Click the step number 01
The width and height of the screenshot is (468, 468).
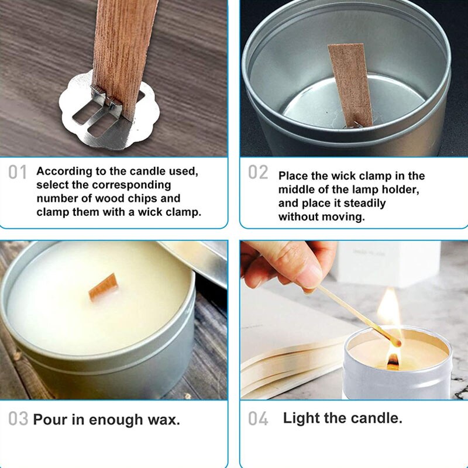click(x=18, y=173)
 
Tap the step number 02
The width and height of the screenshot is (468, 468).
click(x=258, y=173)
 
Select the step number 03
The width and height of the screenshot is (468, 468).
click(x=18, y=419)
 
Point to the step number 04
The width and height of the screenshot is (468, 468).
click(x=258, y=419)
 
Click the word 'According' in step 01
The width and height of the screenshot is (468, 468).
click(x=63, y=172)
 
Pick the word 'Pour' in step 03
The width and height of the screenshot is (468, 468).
click(x=50, y=419)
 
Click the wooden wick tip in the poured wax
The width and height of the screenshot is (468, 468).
click(x=104, y=287)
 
